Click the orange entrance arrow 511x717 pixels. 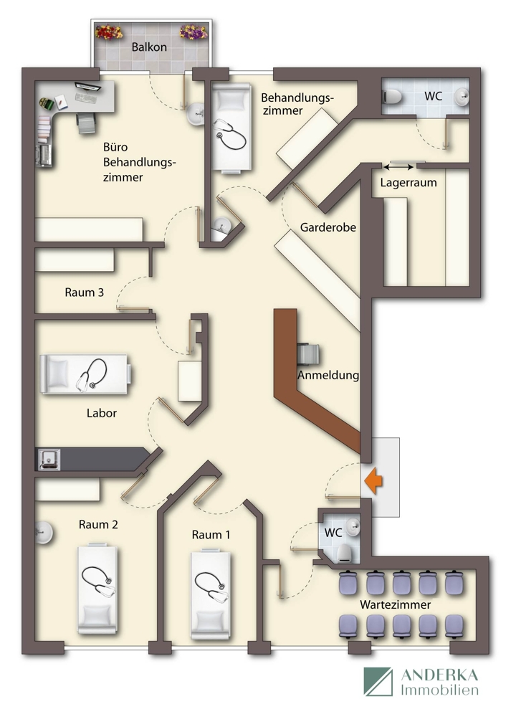[x=373, y=481]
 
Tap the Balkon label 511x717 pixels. [x=149, y=47]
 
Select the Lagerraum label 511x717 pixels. [x=409, y=182]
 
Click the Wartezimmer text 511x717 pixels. [x=396, y=604]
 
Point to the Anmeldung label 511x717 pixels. [x=328, y=375]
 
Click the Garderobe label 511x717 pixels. [x=328, y=227]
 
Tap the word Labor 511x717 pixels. [x=102, y=413]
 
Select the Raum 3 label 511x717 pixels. [x=84, y=293]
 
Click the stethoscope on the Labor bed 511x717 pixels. [x=92, y=375]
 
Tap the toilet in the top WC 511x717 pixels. [x=392, y=97]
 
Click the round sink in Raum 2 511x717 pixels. [x=44, y=533]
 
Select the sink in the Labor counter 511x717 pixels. [x=49, y=459]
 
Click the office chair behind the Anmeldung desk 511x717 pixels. [x=308, y=354]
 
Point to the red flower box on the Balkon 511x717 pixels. [x=109, y=32]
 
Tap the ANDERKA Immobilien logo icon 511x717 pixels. [x=378, y=681]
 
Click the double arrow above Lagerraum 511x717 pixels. [x=398, y=167]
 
